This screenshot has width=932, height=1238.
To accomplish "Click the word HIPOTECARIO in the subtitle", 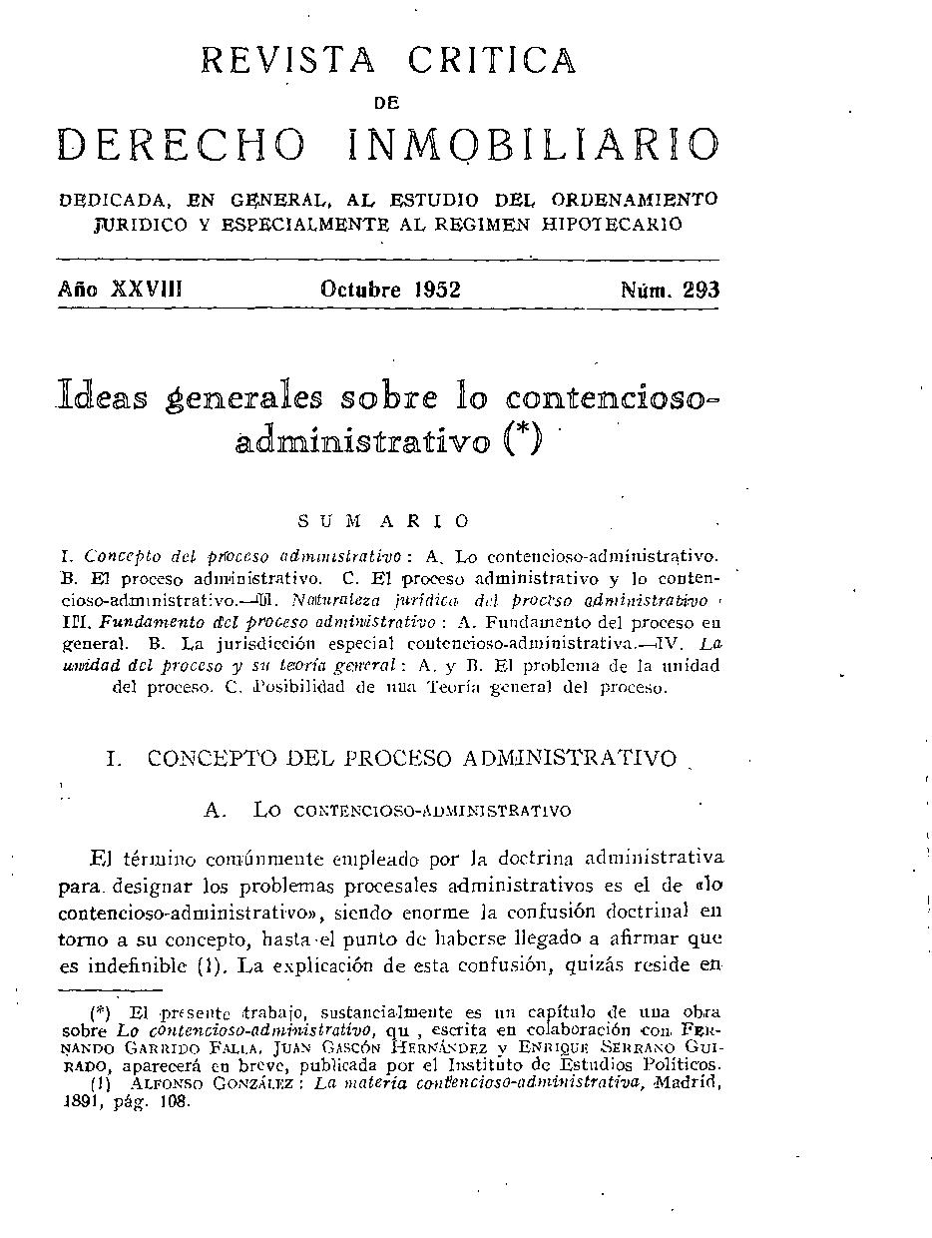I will click(620, 224).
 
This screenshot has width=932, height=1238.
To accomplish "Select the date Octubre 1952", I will click(390, 290).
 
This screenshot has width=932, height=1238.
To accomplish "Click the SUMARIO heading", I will click(383, 521).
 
